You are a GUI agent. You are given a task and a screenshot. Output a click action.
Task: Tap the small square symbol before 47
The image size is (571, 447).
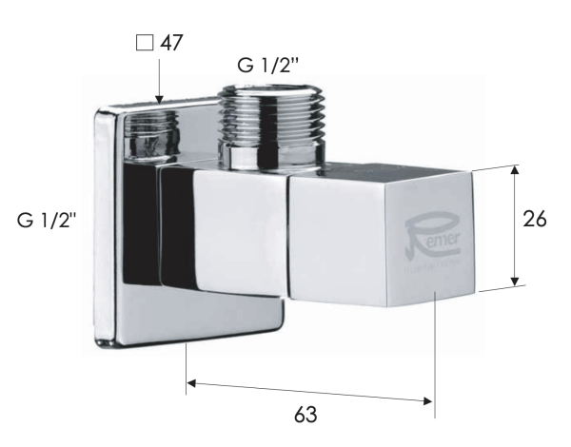pos(144,43)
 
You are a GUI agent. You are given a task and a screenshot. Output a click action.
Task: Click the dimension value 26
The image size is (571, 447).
pos(536,218)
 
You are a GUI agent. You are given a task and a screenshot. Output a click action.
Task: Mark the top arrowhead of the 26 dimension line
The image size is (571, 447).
pos(515,171)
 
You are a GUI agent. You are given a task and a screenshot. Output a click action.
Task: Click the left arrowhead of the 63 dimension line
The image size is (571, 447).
pos(190,383)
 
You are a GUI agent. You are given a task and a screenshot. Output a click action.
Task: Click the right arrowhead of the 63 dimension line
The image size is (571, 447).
pos(429,400)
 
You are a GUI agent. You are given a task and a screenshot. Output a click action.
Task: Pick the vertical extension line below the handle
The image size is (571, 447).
pos(436,361)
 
